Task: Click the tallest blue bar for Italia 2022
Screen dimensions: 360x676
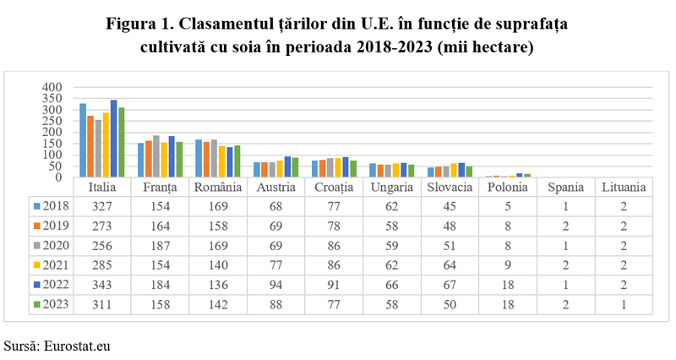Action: point(113,139)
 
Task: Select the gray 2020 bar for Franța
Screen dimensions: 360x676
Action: point(156,156)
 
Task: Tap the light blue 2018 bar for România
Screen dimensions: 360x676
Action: point(199,158)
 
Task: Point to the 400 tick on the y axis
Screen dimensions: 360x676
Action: point(52,87)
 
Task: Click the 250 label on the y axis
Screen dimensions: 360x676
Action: point(52,121)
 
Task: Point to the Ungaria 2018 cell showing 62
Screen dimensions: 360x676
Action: point(392,206)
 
